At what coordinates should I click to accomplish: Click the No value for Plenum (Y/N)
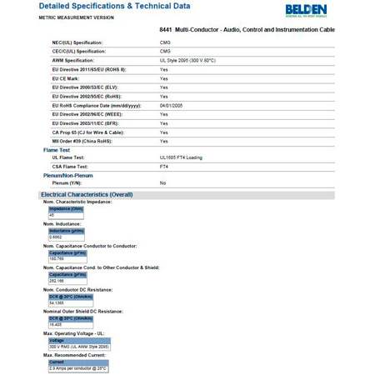click(162, 182)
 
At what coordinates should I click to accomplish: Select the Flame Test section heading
click(57, 150)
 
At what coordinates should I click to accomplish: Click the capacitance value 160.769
click(57, 258)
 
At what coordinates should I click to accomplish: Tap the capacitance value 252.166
click(57, 280)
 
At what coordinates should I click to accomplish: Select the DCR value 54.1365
click(57, 302)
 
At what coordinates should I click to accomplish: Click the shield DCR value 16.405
click(55, 324)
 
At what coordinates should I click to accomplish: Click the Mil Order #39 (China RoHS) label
click(81, 141)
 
